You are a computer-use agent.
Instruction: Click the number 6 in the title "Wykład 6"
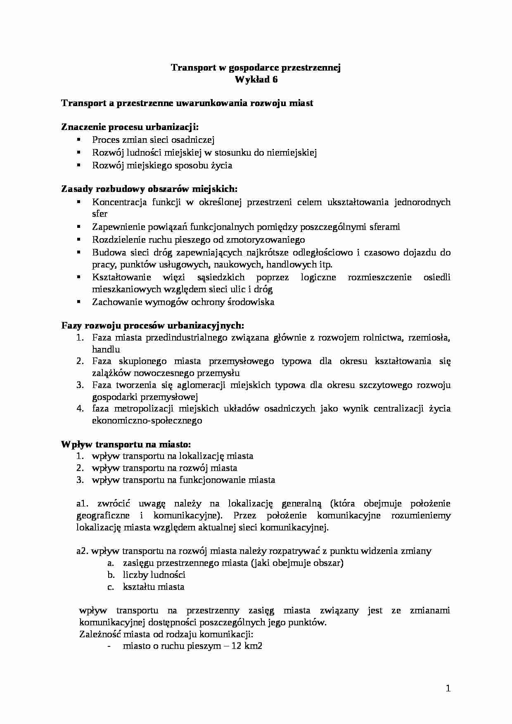pos(275,80)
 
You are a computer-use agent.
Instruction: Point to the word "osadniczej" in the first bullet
pos(194,140)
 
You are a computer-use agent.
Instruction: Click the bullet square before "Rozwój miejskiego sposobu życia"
pos(78,165)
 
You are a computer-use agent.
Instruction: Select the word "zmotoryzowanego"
pos(270,239)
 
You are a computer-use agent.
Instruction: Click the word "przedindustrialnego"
pos(185,337)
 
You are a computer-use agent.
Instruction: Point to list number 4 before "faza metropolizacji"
pos(80,409)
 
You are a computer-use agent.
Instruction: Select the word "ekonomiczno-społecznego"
pos(147,421)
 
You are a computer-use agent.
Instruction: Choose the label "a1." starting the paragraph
pos(83,504)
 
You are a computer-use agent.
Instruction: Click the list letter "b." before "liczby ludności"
pos(110,575)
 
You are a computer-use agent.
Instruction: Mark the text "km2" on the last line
pos(253,646)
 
